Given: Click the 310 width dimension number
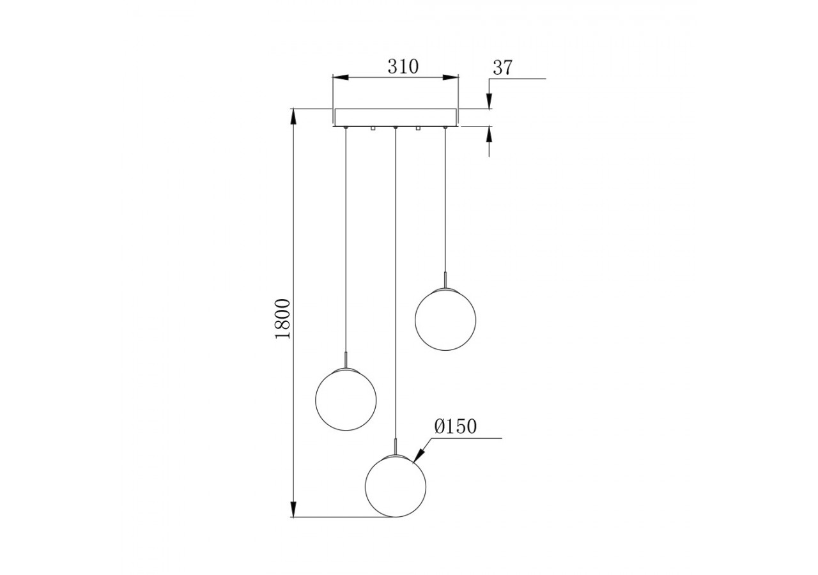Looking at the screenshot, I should tap(403, 66).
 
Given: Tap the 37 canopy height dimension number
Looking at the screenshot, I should tap(503, 68).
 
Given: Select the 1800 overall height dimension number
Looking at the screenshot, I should tap(282, 318).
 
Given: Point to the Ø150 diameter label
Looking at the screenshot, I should tap(455, 427).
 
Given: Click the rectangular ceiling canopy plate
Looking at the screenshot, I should tap(396, 118).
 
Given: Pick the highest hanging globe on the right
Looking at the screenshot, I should tap(445, 319).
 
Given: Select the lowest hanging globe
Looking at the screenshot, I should tap(396, 486).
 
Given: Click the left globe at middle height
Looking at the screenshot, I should tap(346, 399).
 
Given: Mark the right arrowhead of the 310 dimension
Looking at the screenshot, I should tap(451, 77).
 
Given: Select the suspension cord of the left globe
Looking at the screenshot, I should tap(346, 243).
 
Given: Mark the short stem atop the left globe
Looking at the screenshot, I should tap(346, 360).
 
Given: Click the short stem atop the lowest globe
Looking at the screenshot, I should tap(396, 446).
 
